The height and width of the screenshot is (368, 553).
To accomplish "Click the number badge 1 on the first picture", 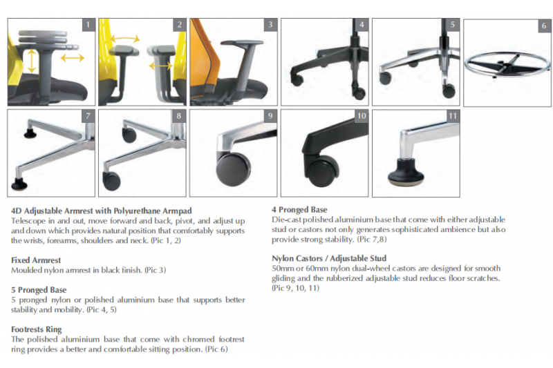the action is (88, 25).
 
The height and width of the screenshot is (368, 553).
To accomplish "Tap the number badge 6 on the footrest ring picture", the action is (544, 26).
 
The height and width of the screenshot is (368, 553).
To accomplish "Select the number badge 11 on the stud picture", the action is (453, 116).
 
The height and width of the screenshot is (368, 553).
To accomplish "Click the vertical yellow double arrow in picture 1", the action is (32, 61).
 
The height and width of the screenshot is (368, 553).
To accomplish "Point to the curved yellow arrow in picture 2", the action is (125, 38).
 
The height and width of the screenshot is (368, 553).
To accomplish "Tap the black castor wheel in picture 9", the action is (233, 169).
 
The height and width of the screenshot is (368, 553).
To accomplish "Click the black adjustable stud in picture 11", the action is (406, 172).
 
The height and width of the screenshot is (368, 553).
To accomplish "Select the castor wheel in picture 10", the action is (324, 171).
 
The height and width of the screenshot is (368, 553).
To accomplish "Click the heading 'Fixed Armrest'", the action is (36, 260).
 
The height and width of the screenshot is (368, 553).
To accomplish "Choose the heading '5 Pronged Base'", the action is (39, 290).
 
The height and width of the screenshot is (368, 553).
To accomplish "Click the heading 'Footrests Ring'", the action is (37, 329).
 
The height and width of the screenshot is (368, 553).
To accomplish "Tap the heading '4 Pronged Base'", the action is (299, 210).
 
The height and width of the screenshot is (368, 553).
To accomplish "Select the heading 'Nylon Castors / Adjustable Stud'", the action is (329, 258).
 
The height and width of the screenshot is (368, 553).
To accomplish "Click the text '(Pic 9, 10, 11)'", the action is (296, 288).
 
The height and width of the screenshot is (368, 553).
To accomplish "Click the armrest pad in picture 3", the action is (242, 43).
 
